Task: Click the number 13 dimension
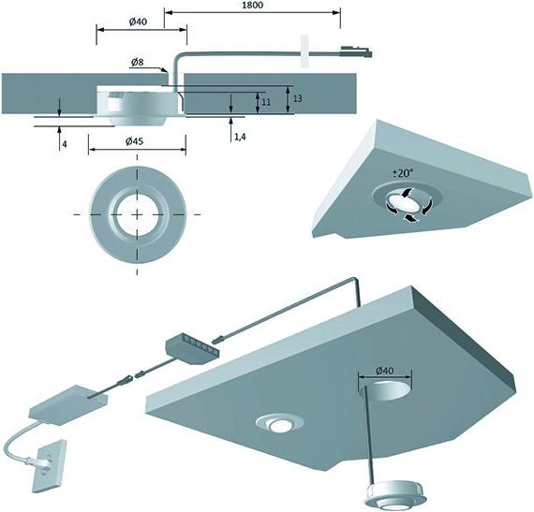[x=297, y=97]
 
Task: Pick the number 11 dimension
[x=265, y=100]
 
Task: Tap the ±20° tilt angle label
[x=404, y=174]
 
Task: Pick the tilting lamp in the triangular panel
[x=404, y=200]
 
